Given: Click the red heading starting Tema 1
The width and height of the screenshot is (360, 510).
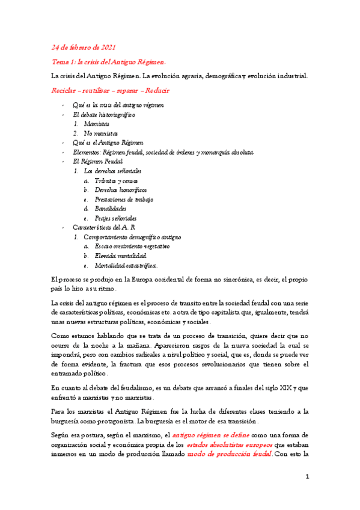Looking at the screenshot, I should [x=109, y=62].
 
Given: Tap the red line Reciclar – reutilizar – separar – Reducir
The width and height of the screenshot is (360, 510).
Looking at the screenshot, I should [x=110, y=91].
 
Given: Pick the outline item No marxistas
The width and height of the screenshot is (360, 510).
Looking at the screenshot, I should [x=101, y=133].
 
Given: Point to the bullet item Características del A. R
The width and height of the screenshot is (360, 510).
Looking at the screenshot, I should [x=104, y=228].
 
